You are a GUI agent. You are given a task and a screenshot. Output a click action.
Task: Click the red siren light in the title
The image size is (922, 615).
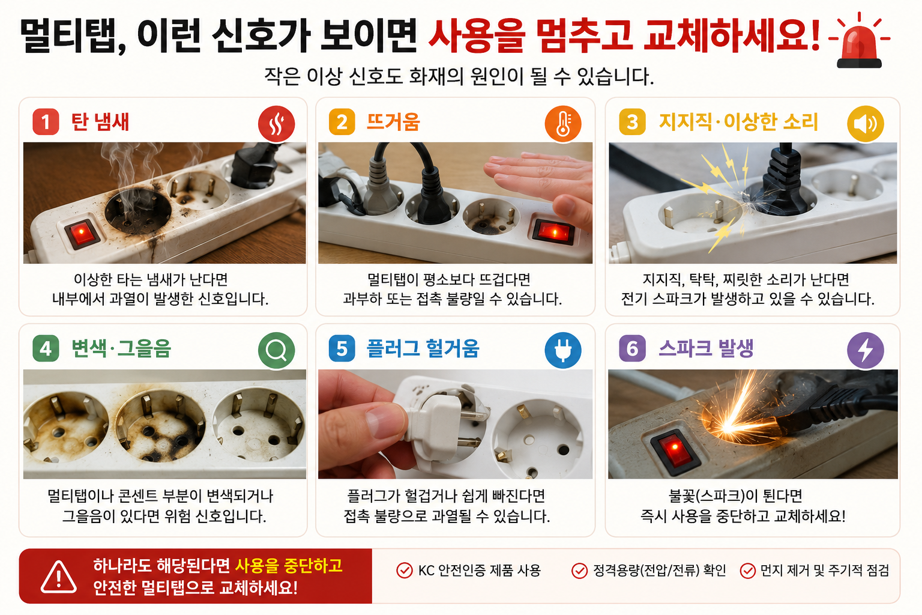859,44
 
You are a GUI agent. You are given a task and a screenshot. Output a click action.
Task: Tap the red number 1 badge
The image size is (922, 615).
46,122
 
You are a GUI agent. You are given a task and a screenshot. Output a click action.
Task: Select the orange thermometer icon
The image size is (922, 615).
562,124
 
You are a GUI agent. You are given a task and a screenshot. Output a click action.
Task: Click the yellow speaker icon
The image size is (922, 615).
865,124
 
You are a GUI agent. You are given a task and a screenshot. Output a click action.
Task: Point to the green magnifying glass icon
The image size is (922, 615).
276,350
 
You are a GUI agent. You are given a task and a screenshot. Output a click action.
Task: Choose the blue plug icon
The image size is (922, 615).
562,350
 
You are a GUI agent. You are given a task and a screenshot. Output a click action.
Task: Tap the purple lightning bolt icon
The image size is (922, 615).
865,350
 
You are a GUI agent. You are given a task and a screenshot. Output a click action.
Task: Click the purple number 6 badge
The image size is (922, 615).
632,348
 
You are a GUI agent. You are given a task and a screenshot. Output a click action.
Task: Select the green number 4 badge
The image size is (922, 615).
46,348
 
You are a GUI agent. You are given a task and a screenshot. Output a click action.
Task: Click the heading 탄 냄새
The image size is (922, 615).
100,122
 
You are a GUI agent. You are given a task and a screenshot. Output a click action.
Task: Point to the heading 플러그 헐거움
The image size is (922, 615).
423,348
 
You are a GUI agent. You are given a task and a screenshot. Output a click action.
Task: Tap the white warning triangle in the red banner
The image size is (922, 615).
58,577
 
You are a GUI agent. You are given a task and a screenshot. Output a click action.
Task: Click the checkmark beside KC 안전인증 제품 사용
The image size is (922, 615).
404,571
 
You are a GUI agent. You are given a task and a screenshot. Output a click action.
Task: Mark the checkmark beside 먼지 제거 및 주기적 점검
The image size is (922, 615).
747,571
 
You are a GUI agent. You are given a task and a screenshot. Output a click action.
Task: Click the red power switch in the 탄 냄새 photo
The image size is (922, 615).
82,233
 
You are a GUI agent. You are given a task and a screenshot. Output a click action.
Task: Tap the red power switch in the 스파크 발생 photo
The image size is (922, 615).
675,450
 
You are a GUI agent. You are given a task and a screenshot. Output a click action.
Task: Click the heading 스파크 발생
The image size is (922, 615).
706,348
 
